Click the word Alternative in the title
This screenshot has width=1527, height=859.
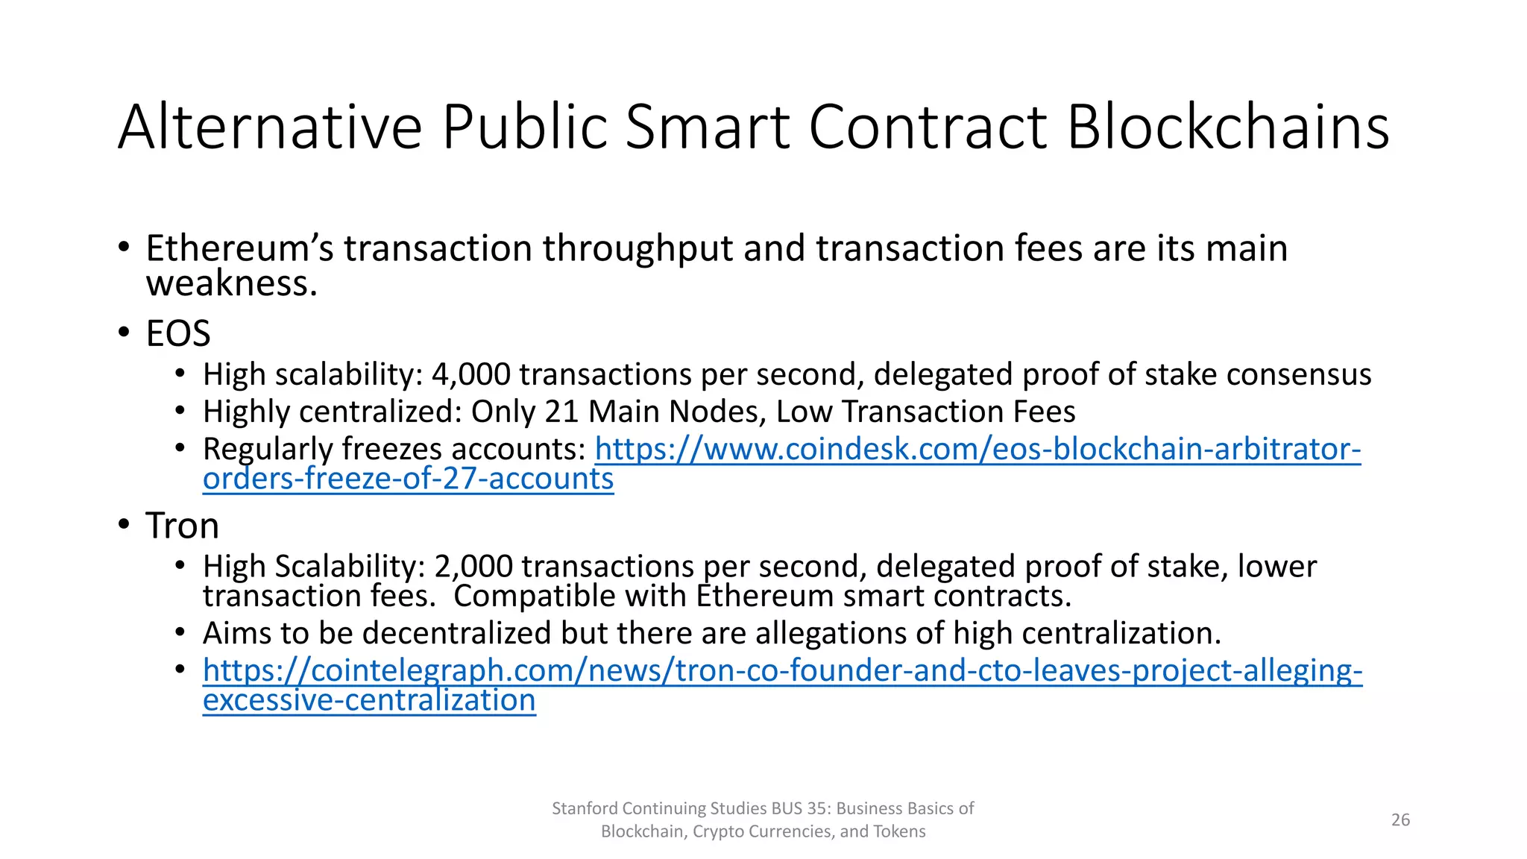pyautogui.click(x=270, y=127)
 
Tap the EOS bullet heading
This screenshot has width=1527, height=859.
pyautogui.click(x=178, y=333)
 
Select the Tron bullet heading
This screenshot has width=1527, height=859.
pyautogui.click(x=182, y=526)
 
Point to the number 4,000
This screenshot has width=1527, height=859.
pyautogui.click(x=471, y=374)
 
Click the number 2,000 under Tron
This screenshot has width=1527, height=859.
pyautogui.click(x=473, y=567)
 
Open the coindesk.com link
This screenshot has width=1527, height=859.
pyautogui.click(x=977, y=449)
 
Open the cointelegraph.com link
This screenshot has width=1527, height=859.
pyautogui.click(x=782, y=670)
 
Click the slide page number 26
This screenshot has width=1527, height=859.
pyautogui.click(x=1400, y=819)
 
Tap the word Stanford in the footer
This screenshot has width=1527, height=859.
pyautogui.click(x=585, y=808)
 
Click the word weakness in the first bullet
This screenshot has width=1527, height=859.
pyautogui.click(x=231, y=283)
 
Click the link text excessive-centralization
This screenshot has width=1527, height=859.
pyautogui.click(x=369, y=700)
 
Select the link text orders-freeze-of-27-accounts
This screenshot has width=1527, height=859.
pyautogui.click(x=408, y=479)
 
